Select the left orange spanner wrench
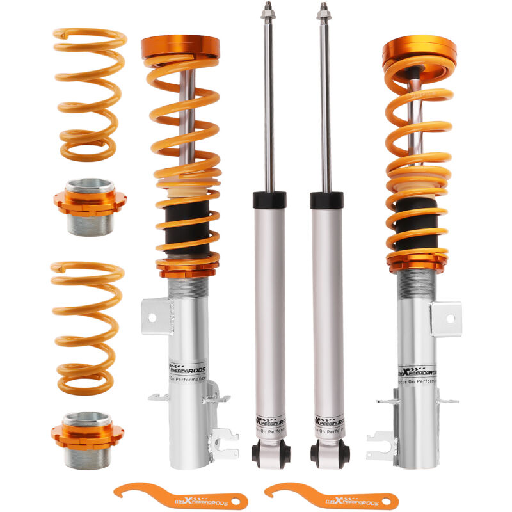pos(180,496)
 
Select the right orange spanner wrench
pos(330,496)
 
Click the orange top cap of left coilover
pos(180,46)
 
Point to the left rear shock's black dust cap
pos(269,200)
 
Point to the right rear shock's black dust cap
pos(326,200)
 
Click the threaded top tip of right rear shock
pos(324,11)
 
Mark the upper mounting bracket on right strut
pos(445,318)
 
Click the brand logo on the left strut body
pos(188,369)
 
